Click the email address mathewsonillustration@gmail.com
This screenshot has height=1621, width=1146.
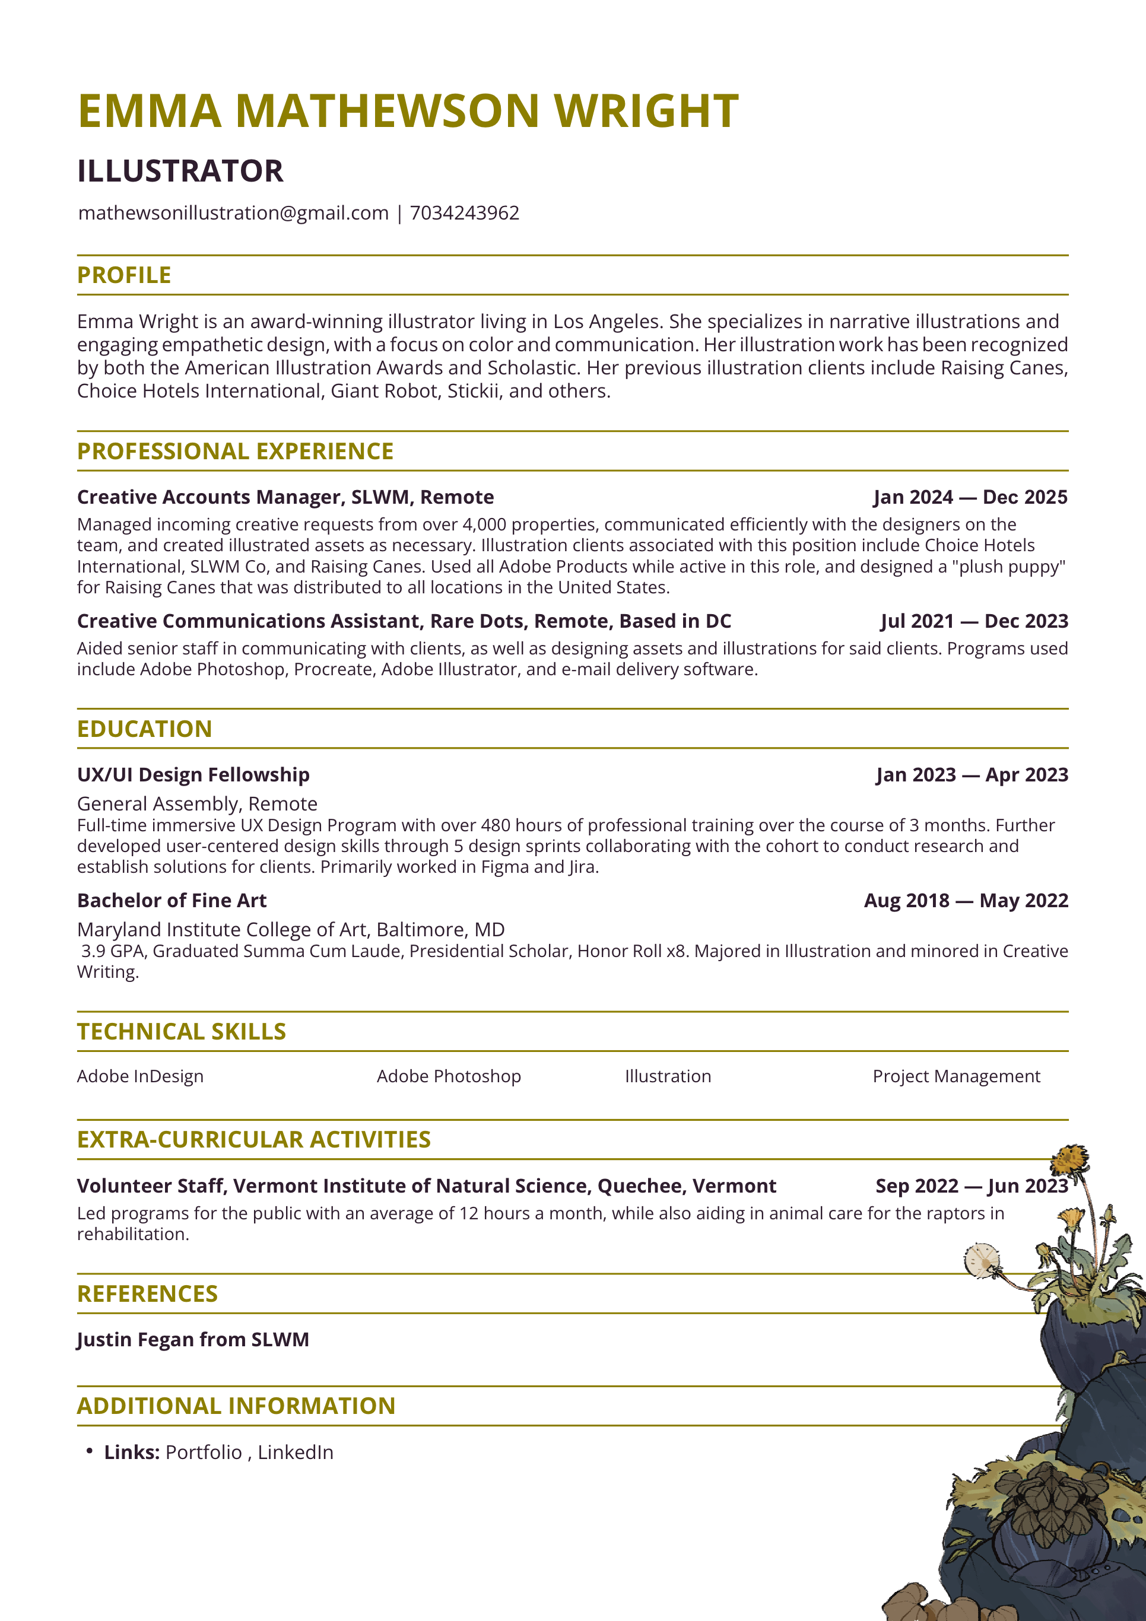[x=233, y=213]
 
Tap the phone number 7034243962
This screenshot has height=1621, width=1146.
[x=465, y=213]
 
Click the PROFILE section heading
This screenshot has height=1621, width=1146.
[x=124, y=275]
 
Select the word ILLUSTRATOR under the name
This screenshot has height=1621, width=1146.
[x=180, y=171]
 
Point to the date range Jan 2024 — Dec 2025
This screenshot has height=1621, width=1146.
[x=970, y=497]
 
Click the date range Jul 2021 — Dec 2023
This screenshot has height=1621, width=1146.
[x=974, y=621]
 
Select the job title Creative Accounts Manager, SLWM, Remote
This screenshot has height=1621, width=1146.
[x=285, y=497]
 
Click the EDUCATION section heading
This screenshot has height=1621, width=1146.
[x=145, y=729]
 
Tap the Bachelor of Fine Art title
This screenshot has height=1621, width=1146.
[x=172, y=901]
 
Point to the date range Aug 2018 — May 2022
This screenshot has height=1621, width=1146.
[x=966, y=901]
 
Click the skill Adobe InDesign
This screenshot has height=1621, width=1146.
[x=141, y=1076]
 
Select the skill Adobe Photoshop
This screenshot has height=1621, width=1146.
[x=449, y=1076]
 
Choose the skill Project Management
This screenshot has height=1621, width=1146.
[x=956, y=1076]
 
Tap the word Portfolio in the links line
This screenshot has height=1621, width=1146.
[x=204, y=1452]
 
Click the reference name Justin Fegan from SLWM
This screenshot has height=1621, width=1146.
[x=193, y=1340]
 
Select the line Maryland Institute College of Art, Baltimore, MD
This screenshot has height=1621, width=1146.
[x=291, y=930]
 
